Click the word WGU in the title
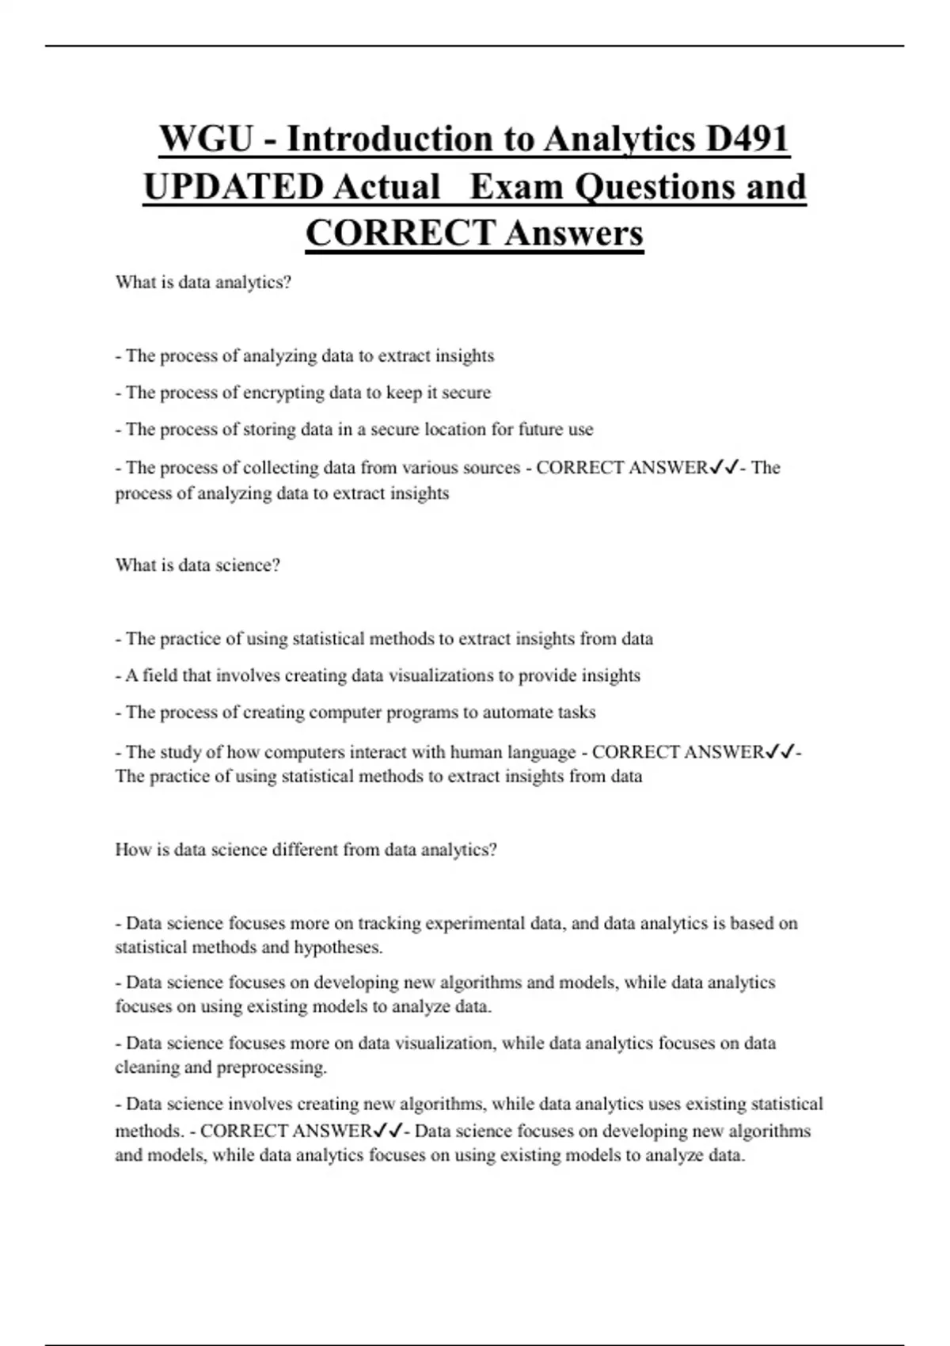(x=206, y=139)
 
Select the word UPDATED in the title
(x=234, y=187)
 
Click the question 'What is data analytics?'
(x=203, y=283)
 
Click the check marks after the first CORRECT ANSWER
(x=724, y=468)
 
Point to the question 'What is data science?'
(x=198, y=565)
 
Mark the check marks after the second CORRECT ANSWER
(x=780, y=752)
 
